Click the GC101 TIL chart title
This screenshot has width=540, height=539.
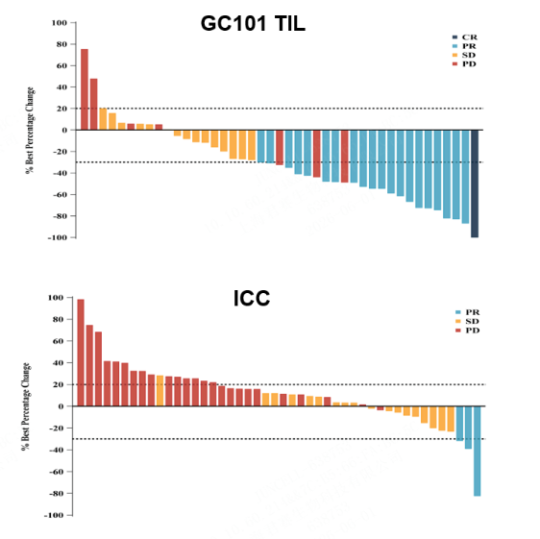(253, 24)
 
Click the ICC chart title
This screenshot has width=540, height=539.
(252, 298)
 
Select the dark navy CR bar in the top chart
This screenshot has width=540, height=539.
(475, 184)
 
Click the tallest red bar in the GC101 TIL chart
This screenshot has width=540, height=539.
(85, 89)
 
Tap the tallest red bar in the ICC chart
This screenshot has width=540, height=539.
(81, 353)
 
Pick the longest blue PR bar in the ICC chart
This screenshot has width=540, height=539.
(477, 452)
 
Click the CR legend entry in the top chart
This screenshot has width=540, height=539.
(465, 37)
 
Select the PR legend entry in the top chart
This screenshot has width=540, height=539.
(465, 46)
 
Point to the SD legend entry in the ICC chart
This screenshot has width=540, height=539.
(467, 321)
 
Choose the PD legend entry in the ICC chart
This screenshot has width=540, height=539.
(467, 331)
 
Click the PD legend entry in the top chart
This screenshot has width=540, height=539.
(465, 64)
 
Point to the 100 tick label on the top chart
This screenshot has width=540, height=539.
(60, 23)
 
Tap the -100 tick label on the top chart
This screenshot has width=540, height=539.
(57, 237)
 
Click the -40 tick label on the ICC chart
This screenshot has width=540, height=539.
(56, 450)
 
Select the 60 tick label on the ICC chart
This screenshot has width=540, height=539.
(60, 341)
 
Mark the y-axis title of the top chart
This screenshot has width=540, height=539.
(30, 131)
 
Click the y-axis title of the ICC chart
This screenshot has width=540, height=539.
(26, 406)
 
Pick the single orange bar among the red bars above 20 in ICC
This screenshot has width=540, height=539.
(160, 391)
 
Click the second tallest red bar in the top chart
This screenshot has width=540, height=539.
(93, 105)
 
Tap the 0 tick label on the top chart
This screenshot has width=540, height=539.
(64, 131)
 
